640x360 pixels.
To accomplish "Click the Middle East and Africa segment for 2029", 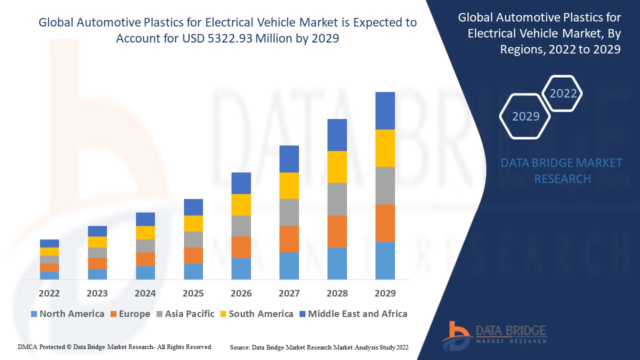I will tap(385, 110).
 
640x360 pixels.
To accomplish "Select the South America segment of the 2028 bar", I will tap(337, 167).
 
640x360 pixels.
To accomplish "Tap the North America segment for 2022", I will tap(49, 275).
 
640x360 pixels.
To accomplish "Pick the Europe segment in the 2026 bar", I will tap(241, 247).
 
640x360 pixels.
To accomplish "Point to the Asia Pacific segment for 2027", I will tap(289, 212).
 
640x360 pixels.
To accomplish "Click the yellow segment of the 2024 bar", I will tap(145, 232).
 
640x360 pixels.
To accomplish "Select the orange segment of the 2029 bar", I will tap(385, 223).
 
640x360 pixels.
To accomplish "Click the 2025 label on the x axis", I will tap(193, 293).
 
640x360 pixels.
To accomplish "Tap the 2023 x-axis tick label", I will tap(97, 293).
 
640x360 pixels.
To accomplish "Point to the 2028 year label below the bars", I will tap(337, 293).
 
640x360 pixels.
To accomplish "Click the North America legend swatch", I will tap(34, 314).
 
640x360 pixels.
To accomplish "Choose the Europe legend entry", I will tap(130, 314).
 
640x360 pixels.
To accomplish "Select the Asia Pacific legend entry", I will tap(185, 314).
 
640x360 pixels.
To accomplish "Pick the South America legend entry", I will tap(256, 314).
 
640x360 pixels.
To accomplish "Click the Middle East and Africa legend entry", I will tap(352, 314).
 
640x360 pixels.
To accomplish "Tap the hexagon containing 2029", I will tap(525, 116).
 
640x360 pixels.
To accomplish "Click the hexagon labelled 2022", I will tap(562, 93).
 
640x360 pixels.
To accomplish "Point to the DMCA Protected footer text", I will tap(115, 347).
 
